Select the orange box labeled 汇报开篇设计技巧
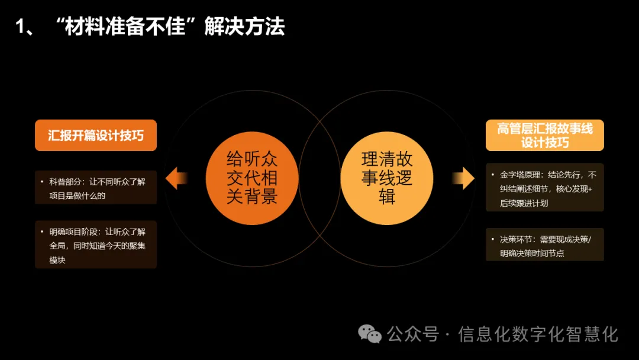pos(96,136)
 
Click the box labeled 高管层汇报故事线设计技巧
pos(545,136)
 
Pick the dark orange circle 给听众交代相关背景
pos(252,178)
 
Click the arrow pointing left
pos(176,178)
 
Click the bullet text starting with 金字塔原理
pos(548,189)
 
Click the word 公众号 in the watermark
pos(413,335)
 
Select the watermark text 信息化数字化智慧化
pos(538,335)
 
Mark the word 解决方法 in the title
pos(244,27)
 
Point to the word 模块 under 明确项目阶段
pos(57,259)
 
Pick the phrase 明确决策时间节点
pos(532,253)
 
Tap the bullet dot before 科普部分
pos(42,182)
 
